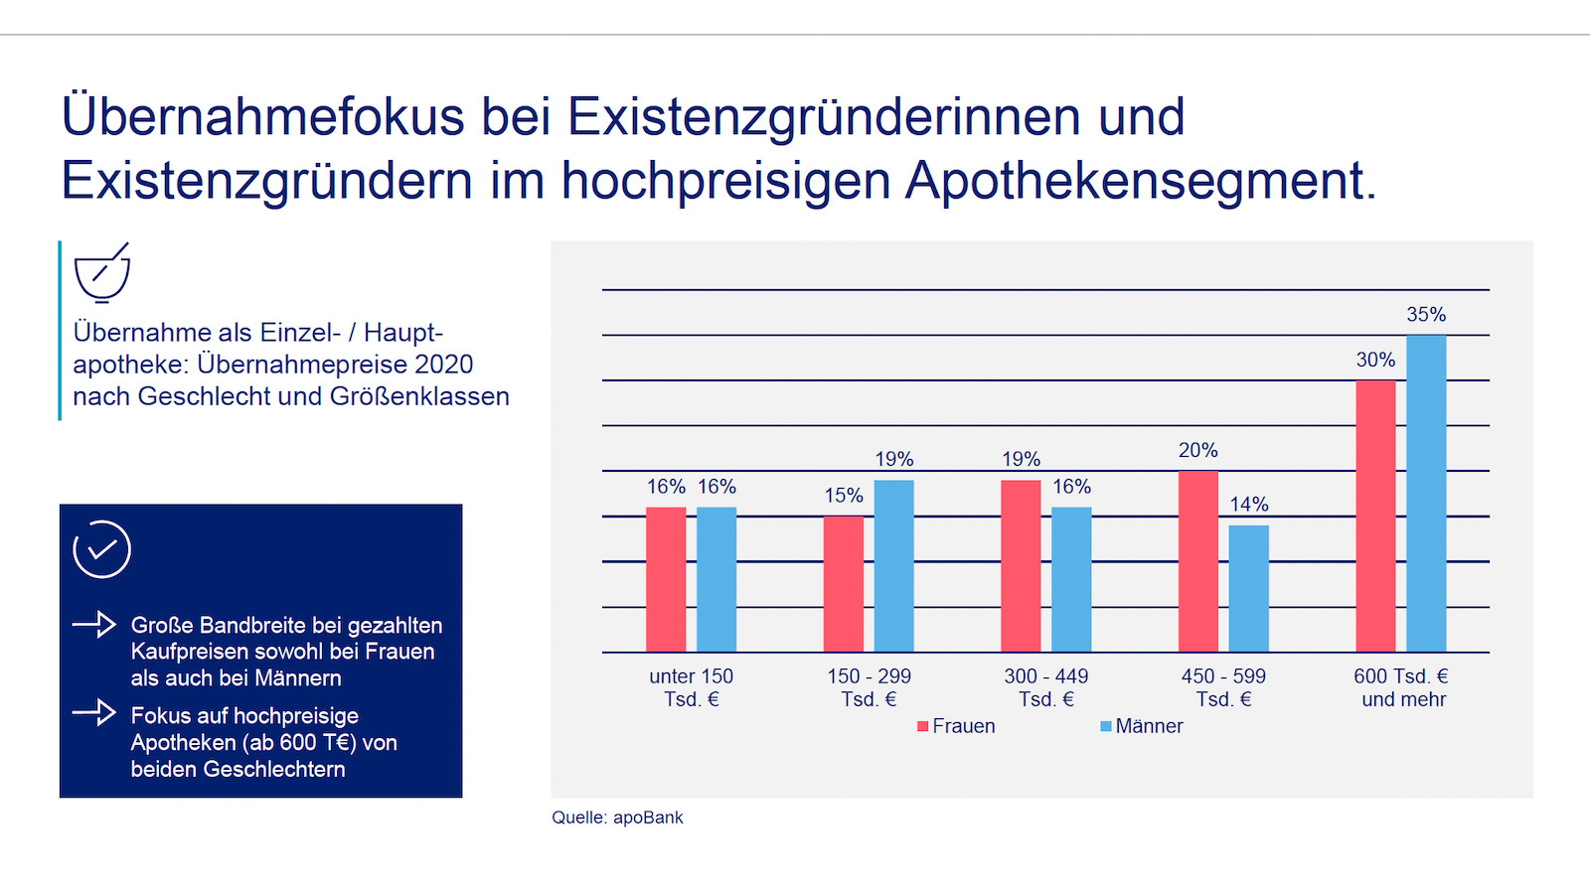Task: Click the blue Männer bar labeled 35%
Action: [1426, 494]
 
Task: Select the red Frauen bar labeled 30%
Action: [1375, 517]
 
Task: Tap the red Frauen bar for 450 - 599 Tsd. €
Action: [1197, 561]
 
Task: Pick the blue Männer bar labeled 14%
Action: [1248, 588]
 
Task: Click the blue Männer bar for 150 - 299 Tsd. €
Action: [893, 566]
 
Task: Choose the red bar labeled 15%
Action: [843, 584]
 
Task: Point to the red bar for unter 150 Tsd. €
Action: [666, 580]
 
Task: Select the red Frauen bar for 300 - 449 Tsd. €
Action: [1021, 566]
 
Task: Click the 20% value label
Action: [1197, 450]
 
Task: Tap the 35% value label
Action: [1426, 315]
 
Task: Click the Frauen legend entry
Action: [956, 726]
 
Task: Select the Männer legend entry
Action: [1142, 726]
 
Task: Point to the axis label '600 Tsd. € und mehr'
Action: [1402, 687]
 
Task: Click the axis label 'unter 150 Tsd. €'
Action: [692, 687]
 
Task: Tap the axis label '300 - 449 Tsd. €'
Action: [1046, 687]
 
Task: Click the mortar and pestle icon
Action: [102, 272]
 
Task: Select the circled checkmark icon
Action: [101, 549]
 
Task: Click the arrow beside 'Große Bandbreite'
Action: [94, 625]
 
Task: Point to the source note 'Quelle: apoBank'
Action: [617, 818]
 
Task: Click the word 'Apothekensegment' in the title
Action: [1140, 181]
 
